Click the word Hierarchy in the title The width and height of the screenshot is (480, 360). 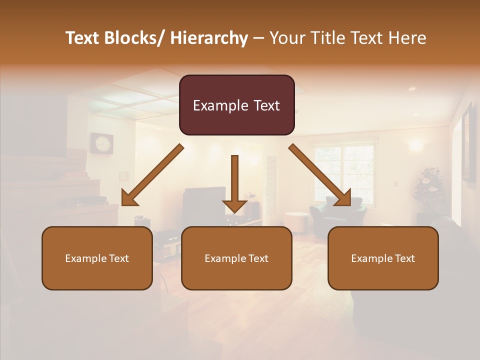209,38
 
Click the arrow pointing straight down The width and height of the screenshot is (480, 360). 234,185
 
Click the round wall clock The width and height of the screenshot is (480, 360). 101,143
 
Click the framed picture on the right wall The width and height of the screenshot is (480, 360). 468,142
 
